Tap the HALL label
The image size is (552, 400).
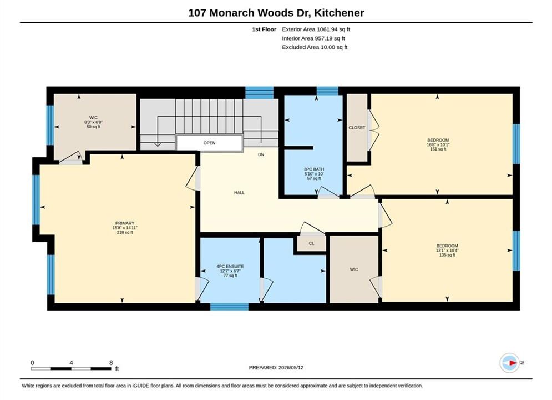tap(240, 193)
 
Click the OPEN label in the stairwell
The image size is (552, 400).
tap(210, 143)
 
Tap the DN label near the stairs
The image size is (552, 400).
tap(261, 154)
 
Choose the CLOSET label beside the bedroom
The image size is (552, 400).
tap(357, 128)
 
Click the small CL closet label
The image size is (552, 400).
tap(312, 243)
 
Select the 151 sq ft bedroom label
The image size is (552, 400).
tap(438, 144)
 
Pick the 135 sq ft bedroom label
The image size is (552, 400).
tap(447, 250)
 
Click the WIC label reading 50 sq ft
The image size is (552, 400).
tap(93, 122)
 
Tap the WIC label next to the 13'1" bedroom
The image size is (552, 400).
tap(354, 269)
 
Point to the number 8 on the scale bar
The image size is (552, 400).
tap(111, 363)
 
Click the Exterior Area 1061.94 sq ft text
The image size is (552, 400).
tap(316, 29)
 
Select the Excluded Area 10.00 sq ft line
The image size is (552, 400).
tap(315, 47)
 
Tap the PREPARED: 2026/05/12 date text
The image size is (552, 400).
tap(276, 368)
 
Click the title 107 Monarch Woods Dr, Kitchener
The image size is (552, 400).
tap(276, 13)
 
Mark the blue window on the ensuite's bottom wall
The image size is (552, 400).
tap(229, 307)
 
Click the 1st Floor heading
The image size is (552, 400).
tap(264, 29)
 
